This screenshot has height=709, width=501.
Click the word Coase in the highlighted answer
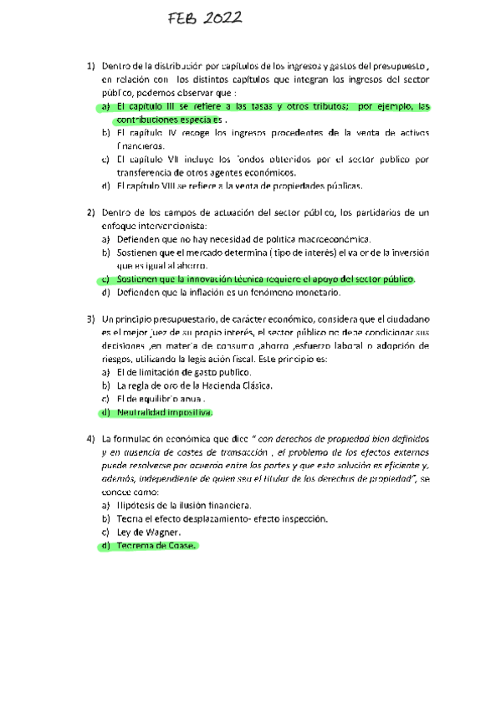click(x=180, y=546)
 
